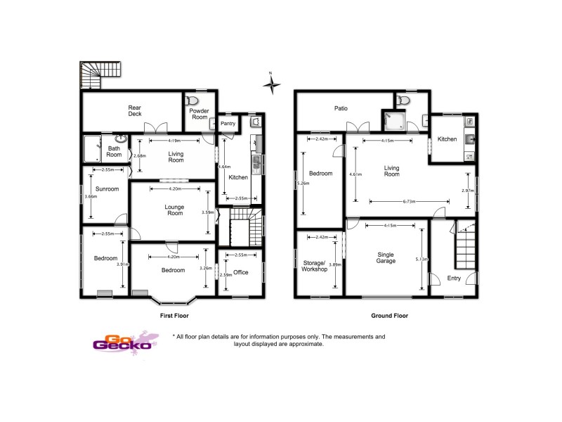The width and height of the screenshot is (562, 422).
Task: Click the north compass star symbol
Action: tap(271, 84)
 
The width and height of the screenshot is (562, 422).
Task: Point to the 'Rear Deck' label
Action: tap(134, 111)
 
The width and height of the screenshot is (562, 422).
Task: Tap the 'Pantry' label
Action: tap(228, 124)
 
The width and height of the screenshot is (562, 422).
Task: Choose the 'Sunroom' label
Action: tap(107, 189)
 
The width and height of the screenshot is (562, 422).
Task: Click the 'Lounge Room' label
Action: tap(174, 210)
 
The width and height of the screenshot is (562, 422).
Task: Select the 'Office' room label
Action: tap(241, 272)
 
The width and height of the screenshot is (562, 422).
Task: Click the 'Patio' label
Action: tap(341, 108)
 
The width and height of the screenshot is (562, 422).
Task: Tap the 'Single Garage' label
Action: tap(386, 257)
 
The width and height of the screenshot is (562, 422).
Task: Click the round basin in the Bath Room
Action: tap(120, 139)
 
